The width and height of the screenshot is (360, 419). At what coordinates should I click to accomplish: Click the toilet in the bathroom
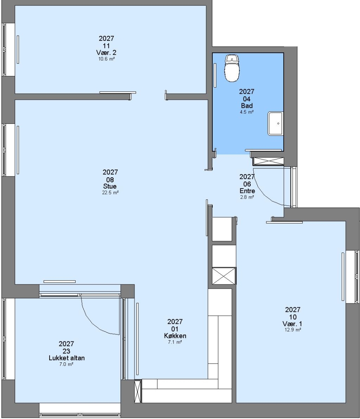pos(232,68)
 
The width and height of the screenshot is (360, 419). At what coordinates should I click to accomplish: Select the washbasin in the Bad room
pos(276,124)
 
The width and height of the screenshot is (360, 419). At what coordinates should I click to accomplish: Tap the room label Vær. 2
pos(106,53)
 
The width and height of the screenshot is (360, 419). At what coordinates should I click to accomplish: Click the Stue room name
pos(110,186)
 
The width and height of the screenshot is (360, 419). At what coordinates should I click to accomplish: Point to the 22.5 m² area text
pos(110,192)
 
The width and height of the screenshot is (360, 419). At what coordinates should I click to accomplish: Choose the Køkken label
pos(175,336)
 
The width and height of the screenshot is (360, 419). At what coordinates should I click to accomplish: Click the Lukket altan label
pos(67,358)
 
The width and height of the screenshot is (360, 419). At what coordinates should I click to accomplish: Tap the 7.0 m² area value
pos(66,364)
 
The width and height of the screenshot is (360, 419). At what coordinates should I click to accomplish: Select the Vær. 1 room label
pos(293,324)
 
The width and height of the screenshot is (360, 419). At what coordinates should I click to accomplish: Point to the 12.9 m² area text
pos(293,330)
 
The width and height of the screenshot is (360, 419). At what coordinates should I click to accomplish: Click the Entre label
pos(247,191)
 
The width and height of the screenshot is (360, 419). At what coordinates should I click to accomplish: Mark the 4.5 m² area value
pos(246,112)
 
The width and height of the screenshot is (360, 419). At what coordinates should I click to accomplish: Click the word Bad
pos(247,106)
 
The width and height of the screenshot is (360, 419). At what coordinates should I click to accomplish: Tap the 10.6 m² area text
pos(107,59)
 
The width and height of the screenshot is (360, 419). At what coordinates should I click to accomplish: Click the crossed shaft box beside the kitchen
pos(224,276)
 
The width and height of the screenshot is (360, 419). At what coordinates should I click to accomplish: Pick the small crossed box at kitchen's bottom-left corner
pos(138,391)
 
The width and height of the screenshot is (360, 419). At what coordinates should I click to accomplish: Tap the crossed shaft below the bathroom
pos(268,161)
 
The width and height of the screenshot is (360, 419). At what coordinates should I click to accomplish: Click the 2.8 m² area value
pos(247,197)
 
